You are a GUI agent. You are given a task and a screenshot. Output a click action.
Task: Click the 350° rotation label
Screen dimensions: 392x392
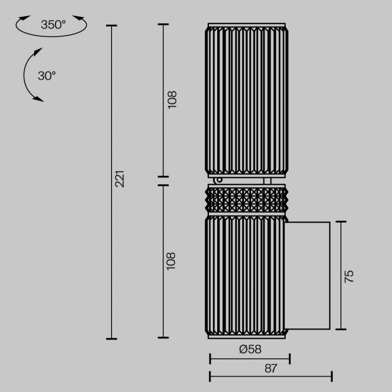[53, 25]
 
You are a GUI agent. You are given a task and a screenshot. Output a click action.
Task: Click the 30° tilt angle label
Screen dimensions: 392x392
[47, 76]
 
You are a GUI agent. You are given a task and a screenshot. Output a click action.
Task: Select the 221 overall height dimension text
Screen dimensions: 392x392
[120, 179]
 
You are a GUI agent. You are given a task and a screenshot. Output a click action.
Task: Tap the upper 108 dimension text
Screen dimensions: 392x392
[172, 100]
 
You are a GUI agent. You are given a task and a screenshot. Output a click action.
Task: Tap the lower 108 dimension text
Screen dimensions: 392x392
[171, 261]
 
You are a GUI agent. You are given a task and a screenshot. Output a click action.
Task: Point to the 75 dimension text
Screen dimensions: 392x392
[349, 276]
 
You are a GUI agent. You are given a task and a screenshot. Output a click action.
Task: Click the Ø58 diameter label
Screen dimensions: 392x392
[250, 349]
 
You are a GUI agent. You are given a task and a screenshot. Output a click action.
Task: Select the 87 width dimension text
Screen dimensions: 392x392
[271, 368]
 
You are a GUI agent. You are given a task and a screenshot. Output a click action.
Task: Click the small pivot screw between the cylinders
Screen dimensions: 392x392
[219, 179]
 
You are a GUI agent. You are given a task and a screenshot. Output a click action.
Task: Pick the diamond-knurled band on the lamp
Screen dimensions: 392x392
[247, 200]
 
